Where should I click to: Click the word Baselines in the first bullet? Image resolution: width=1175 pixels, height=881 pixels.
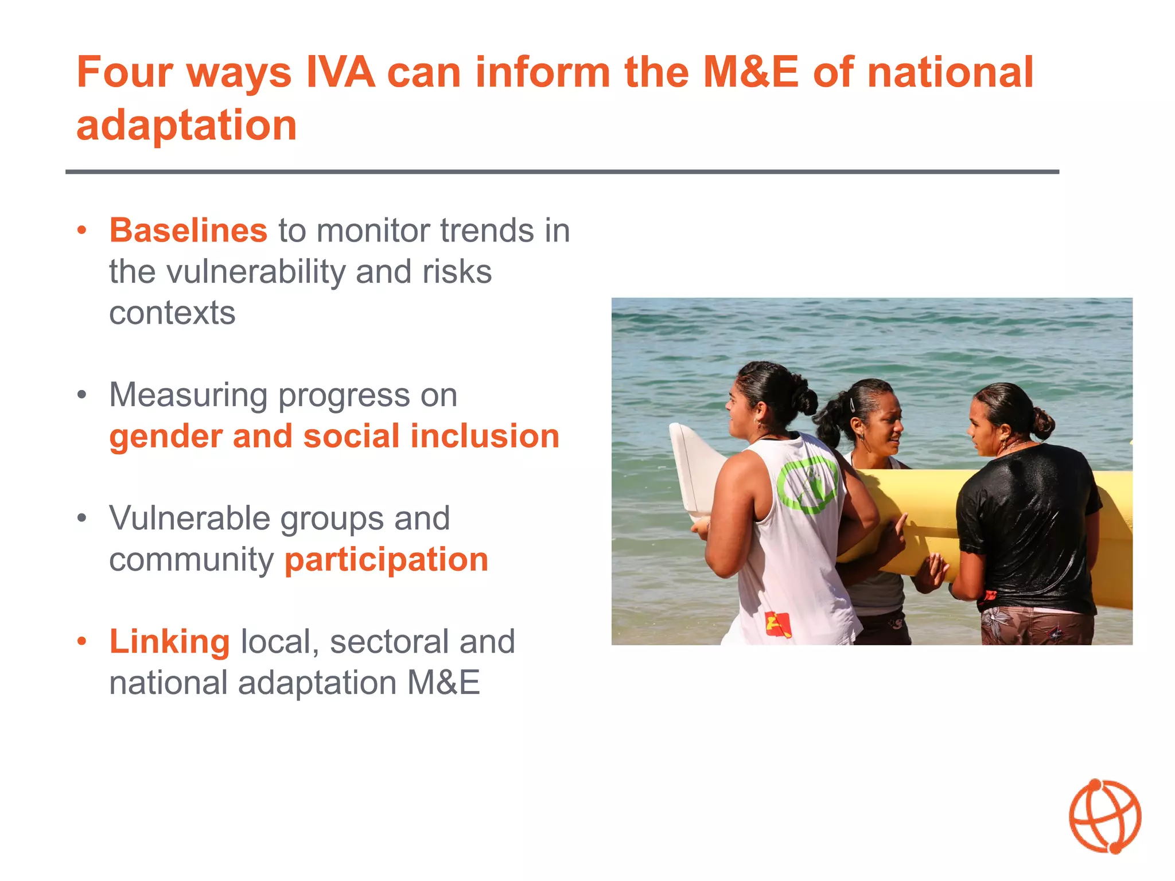coord(188,231)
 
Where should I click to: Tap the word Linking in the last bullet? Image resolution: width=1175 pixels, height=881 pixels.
coord(169,641)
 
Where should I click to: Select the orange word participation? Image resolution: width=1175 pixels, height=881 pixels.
coord(386,560)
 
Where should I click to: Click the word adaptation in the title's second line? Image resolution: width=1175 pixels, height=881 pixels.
coord(186,125)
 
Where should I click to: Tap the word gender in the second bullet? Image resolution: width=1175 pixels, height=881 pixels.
coord(165,436)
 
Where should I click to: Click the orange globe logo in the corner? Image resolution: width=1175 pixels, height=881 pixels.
coord(1104,816)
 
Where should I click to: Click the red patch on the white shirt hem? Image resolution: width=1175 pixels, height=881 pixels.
coord(778,624)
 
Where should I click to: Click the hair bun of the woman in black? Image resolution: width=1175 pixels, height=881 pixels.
coord(1042,423)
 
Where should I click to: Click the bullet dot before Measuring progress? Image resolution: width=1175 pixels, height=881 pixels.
coord(82,395)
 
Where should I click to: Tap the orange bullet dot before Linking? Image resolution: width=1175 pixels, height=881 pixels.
coord(82,641)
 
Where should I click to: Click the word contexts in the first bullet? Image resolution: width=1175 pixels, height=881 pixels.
coord(172,313)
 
